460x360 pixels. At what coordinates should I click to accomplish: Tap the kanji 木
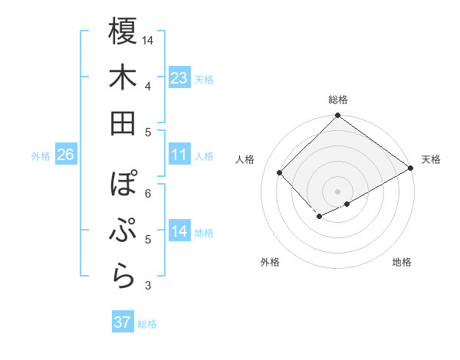[123, 77]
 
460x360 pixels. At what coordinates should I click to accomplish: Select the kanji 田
[123, 123]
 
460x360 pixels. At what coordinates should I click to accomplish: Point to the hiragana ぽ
[123, 185]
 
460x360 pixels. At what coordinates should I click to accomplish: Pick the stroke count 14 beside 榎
[148, 40]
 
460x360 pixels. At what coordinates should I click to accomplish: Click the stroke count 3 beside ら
[148, 286]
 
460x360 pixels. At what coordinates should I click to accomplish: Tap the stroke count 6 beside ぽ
[148, 193]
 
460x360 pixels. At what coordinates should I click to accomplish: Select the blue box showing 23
[179, 78]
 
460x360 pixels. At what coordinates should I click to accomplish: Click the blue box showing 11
[179, 155]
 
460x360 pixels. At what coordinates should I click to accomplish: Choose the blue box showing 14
[179, 232]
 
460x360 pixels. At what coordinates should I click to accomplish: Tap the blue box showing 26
[65, 155]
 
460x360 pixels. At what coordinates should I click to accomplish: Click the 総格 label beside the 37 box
[147, 324]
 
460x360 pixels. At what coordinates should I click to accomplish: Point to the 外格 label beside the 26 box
[41, 156]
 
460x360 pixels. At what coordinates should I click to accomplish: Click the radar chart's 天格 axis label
[431, 159]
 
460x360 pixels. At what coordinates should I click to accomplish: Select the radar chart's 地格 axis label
[402, 262]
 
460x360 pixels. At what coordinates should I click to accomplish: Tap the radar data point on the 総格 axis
[337, 116]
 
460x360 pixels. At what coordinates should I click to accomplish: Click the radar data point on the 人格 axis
[280, 172]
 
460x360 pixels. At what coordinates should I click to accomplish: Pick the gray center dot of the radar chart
[337, 190]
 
